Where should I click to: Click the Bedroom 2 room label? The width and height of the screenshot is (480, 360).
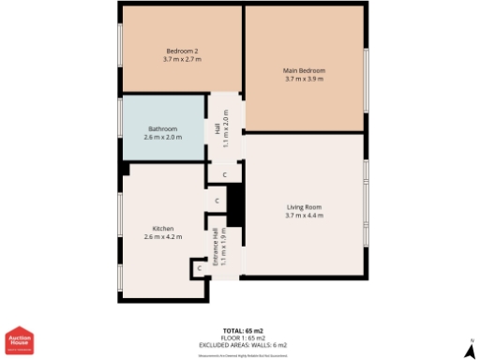click(182, 51)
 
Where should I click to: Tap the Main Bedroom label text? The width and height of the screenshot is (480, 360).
click(304, 70)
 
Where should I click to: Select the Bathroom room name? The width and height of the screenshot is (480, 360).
click(163, 128)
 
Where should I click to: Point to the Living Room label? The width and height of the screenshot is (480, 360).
click(304, 207)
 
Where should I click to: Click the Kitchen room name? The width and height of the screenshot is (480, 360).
click(163, 228)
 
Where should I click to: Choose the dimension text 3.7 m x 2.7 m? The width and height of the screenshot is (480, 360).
click(182, 59)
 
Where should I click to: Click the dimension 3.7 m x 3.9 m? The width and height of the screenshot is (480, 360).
click(304, 79)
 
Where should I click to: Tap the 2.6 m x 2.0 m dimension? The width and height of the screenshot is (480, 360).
click(163, 137)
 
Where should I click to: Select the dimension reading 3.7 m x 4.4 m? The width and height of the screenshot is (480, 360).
click(304, 216)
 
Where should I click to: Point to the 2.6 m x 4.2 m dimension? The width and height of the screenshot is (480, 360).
click(163, 236)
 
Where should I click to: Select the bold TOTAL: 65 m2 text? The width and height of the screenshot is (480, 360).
click(243, 331)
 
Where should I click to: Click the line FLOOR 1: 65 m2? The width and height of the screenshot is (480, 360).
click(243, 337)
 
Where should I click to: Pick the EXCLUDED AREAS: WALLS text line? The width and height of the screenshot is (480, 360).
click(243, 344)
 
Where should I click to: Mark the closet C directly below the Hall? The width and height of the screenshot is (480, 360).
click(224, 174)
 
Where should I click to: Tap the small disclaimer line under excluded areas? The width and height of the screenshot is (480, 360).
click(243, 354)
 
